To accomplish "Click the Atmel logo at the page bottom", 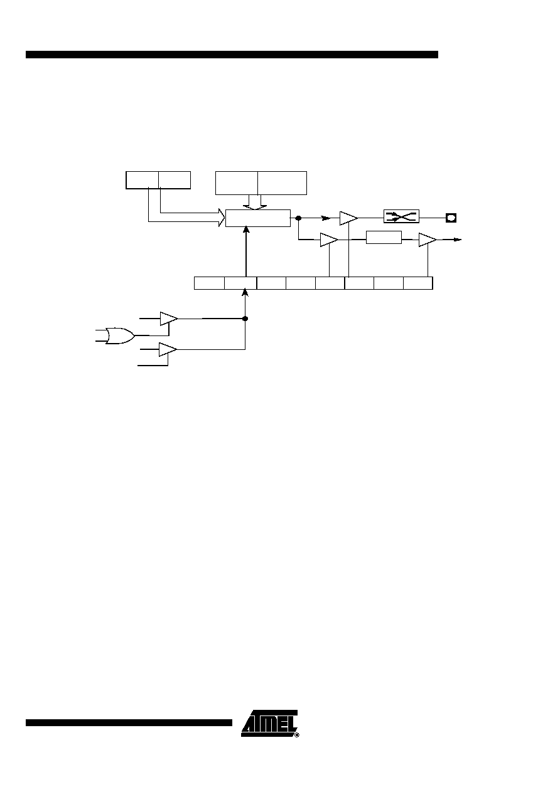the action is [270, 724].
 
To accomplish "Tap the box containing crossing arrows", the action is [401, 216].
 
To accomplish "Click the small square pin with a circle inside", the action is [451, 218].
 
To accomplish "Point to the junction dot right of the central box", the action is [298, 218].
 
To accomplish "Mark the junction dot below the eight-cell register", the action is [245, 319].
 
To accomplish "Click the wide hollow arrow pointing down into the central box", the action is [255, 202].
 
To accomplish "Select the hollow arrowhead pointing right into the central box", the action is [222, 217].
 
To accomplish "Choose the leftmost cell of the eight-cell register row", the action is [209, 283].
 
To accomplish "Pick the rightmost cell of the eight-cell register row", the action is [418, 283].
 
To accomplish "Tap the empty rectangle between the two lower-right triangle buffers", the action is [384, 237].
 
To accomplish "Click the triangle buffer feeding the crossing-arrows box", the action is [348, 218].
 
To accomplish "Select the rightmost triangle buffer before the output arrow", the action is [428, 240].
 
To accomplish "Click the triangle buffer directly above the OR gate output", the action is [169, 319].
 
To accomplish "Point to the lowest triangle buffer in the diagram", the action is [168, 349].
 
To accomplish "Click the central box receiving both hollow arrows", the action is [257, 218].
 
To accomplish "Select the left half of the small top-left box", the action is [143, 180].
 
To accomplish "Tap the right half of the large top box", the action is [282, 183].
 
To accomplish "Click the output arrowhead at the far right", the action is [457, 240].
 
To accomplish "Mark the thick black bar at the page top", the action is [232, 55].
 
